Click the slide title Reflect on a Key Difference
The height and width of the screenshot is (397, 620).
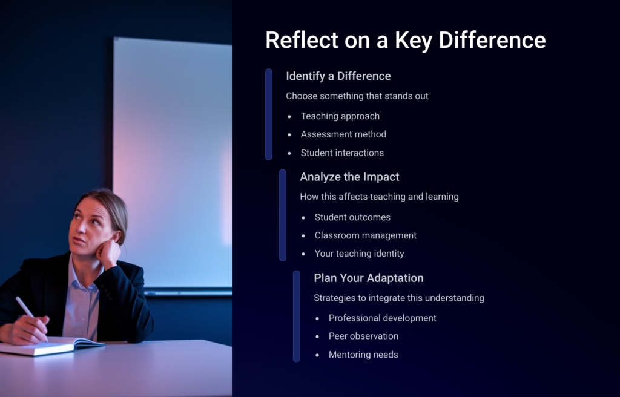tap(405, 41)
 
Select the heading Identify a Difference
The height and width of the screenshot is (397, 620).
tap(338, 76)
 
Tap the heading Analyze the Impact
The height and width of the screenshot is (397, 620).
tap(349, 177)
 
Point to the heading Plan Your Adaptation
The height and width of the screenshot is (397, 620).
tap(369, 278)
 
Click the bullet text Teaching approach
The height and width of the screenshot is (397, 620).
tap(340, 116)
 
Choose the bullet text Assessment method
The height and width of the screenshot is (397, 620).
tap(343, 134)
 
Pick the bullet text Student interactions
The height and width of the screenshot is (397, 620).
tap(342, 153)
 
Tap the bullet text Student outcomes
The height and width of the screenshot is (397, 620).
tap(352, 217)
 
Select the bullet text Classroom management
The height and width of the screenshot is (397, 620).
tap(365, 235)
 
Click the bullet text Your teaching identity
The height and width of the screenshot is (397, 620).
tap(359, 254)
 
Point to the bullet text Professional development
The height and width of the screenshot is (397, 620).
tap(383, 318)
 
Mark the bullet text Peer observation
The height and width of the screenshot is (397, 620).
tap(363, 336)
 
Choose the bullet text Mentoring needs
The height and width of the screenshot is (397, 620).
tap(363, 355)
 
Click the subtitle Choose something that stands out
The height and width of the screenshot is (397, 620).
tap(357, 96)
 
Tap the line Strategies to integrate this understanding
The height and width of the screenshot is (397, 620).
tap(399, 298)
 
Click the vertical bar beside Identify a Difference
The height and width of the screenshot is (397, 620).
tap(268, 114)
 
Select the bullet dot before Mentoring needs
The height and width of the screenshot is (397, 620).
tap(317, 355)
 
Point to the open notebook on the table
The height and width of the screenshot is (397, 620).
tap(51, 345)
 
